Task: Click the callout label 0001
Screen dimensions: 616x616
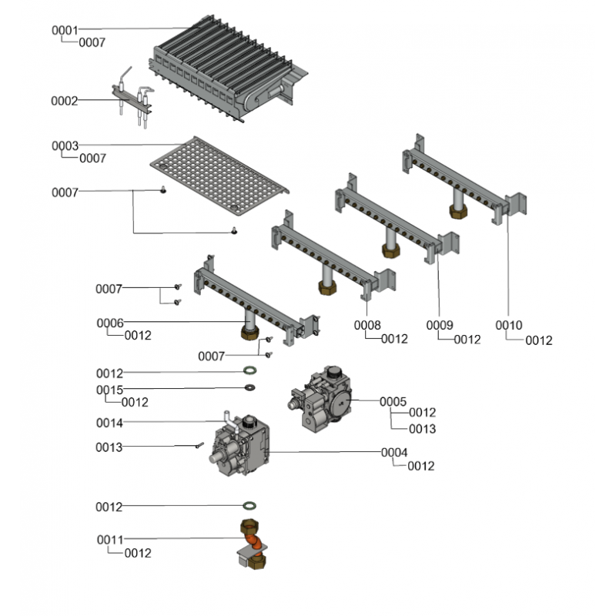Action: tap(65, 30)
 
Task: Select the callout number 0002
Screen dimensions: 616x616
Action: tap(65, 101)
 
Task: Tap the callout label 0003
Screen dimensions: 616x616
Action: tap(65, 146)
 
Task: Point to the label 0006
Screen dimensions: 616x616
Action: tap(109, 323)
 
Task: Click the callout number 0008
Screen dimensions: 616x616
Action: tap(367, 326)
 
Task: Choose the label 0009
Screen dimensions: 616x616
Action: tap(441, 326)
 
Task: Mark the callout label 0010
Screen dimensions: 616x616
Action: tap(509, 326)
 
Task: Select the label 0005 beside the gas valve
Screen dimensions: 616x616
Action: tap(393, 401)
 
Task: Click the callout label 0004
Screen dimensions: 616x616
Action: tap(394, 453)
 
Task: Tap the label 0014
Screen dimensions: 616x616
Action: tap(109, 423)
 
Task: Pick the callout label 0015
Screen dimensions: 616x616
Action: tap(109, 390)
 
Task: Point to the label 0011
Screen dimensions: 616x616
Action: tap(109, 539)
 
